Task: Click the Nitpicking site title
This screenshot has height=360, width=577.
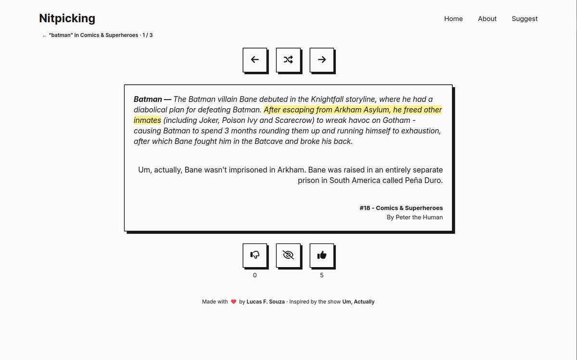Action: tap(67, 18)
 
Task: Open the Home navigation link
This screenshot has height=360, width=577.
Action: tap(453, 19)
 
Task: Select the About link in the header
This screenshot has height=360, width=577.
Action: tap(487, 19)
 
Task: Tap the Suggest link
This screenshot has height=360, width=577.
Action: tap(525, 19)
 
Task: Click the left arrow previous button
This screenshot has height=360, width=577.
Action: tap(255, 60)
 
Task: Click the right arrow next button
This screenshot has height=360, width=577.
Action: tap(321, 60)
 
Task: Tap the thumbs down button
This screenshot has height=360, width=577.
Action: tap(255, 255)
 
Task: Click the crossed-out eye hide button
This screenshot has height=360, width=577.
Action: tap(288, 255)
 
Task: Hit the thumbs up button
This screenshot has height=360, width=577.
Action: tap(321, 255)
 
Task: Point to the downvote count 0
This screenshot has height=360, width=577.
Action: tap(255, 275)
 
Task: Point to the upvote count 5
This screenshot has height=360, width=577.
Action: tap(321, 275)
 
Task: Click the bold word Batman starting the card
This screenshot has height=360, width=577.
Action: tap(148, 100)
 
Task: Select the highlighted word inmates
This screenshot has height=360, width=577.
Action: tap(147, 120)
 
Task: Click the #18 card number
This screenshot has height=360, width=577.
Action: tap(365, 208)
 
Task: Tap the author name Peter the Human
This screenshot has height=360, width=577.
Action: tap(419, 218)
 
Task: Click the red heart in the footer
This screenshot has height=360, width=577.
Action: tap(233, 302)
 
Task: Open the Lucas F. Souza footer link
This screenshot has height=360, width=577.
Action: tap(266, 302)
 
